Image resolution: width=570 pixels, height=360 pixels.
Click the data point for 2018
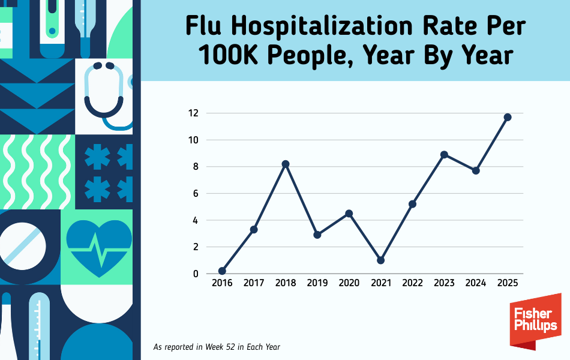click(x=286, y=164)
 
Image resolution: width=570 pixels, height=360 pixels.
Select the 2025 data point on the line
click(x=508, y=117)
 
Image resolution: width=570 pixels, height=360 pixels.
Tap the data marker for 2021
click(x=381, y=260)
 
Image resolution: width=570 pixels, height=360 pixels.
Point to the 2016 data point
click(x=222, y=271)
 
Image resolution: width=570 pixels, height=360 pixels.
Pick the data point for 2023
click(x=444, y=154)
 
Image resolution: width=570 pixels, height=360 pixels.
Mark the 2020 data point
click(x=349, y=214)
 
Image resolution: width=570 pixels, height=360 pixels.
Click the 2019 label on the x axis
click(x=317, y=283)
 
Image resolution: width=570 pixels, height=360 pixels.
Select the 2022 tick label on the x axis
click(x=412, y=283)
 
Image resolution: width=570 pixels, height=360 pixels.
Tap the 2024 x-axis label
click(x=476, y=283)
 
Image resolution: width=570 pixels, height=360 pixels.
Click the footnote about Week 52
click(x=217, y=347)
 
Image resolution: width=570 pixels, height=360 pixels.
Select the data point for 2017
click(x=254, y=229)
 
